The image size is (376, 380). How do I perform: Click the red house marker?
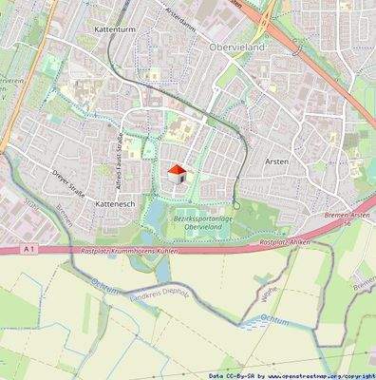(x=177, y=172)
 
